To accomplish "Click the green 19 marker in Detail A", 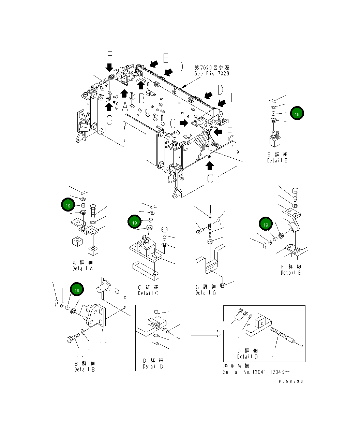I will [x=68, y=205].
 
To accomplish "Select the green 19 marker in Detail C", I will [x=134, y=222].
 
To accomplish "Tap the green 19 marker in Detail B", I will [x=77, y=290].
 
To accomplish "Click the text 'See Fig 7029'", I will [x=212, y=73].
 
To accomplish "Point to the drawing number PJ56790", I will [x=290, y=381].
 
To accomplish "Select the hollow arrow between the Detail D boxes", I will [x=206, y=333].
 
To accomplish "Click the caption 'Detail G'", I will [x=206, y=293].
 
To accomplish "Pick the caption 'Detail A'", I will [x=82, y=269].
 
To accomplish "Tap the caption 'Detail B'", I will [x=85, y=369].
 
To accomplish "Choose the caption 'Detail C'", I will [x=148, y=293].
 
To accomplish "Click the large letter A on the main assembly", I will [x=125, y=107].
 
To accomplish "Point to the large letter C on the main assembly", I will [x=173, y=123].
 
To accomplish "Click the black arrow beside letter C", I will [x=184, y=122].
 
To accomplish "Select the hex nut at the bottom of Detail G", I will [x=222, y=285].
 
